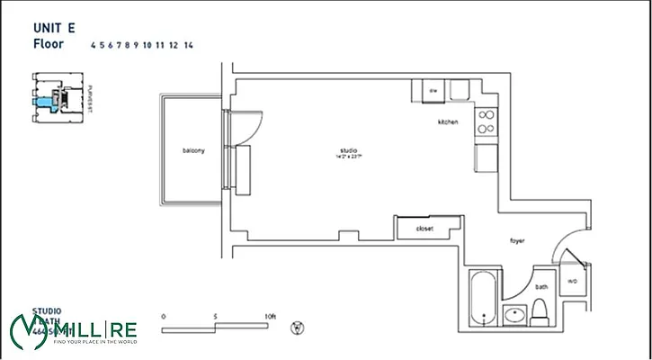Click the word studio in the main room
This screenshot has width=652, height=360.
tap(349, 149)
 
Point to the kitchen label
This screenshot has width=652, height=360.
tap(448, 121)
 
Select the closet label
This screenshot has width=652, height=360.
tap(424, 229)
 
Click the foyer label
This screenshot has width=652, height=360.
tap(516, 240)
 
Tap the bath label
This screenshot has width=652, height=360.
tap(541, 287)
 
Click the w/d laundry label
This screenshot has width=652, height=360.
tap(572, 281)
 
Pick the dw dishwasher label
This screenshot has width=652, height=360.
tap(433, 91)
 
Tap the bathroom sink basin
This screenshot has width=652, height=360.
tap(515, 315)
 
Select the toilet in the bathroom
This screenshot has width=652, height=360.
tap(541, 310)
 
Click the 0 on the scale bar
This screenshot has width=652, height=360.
tap(163, 317)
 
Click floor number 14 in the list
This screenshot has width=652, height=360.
tap(188, 44)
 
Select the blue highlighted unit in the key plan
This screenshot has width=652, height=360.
tap(41, 103)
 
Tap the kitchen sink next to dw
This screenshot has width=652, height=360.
tap(459, 90)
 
